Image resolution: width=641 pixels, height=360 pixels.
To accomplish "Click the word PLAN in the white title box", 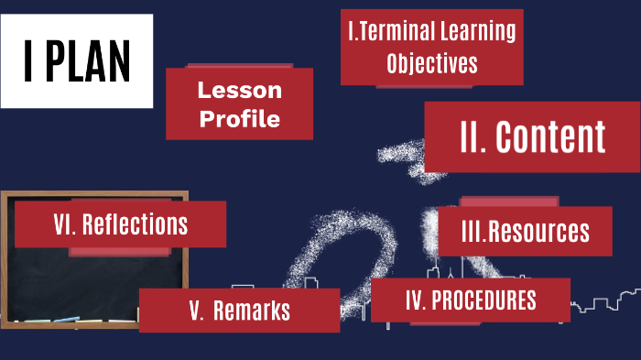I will [x=91, y=60].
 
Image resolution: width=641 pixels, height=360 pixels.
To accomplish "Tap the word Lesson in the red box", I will [x=240, y=91].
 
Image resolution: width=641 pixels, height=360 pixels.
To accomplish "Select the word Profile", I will [x=240, y=119].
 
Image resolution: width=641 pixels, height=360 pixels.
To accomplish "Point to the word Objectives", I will [x=432, y=64].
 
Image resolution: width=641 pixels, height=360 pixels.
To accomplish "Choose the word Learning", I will [x=477, y=32].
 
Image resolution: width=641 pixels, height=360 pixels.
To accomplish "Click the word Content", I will [x=551, y=136].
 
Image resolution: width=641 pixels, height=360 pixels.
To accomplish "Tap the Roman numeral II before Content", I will [x=472, y=136].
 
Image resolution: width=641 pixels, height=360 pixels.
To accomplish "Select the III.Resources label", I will [x=526, y=232].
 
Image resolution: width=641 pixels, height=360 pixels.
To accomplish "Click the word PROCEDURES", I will [x=483, y=300].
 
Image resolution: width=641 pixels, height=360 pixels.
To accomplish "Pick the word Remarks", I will [x=252, y=311].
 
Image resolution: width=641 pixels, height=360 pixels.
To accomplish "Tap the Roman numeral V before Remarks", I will [x=196, y=311].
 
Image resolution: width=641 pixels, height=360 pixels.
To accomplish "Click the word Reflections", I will [x=136, y=224].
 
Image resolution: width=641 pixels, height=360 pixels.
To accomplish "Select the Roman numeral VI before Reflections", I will [x=64, y=224].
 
